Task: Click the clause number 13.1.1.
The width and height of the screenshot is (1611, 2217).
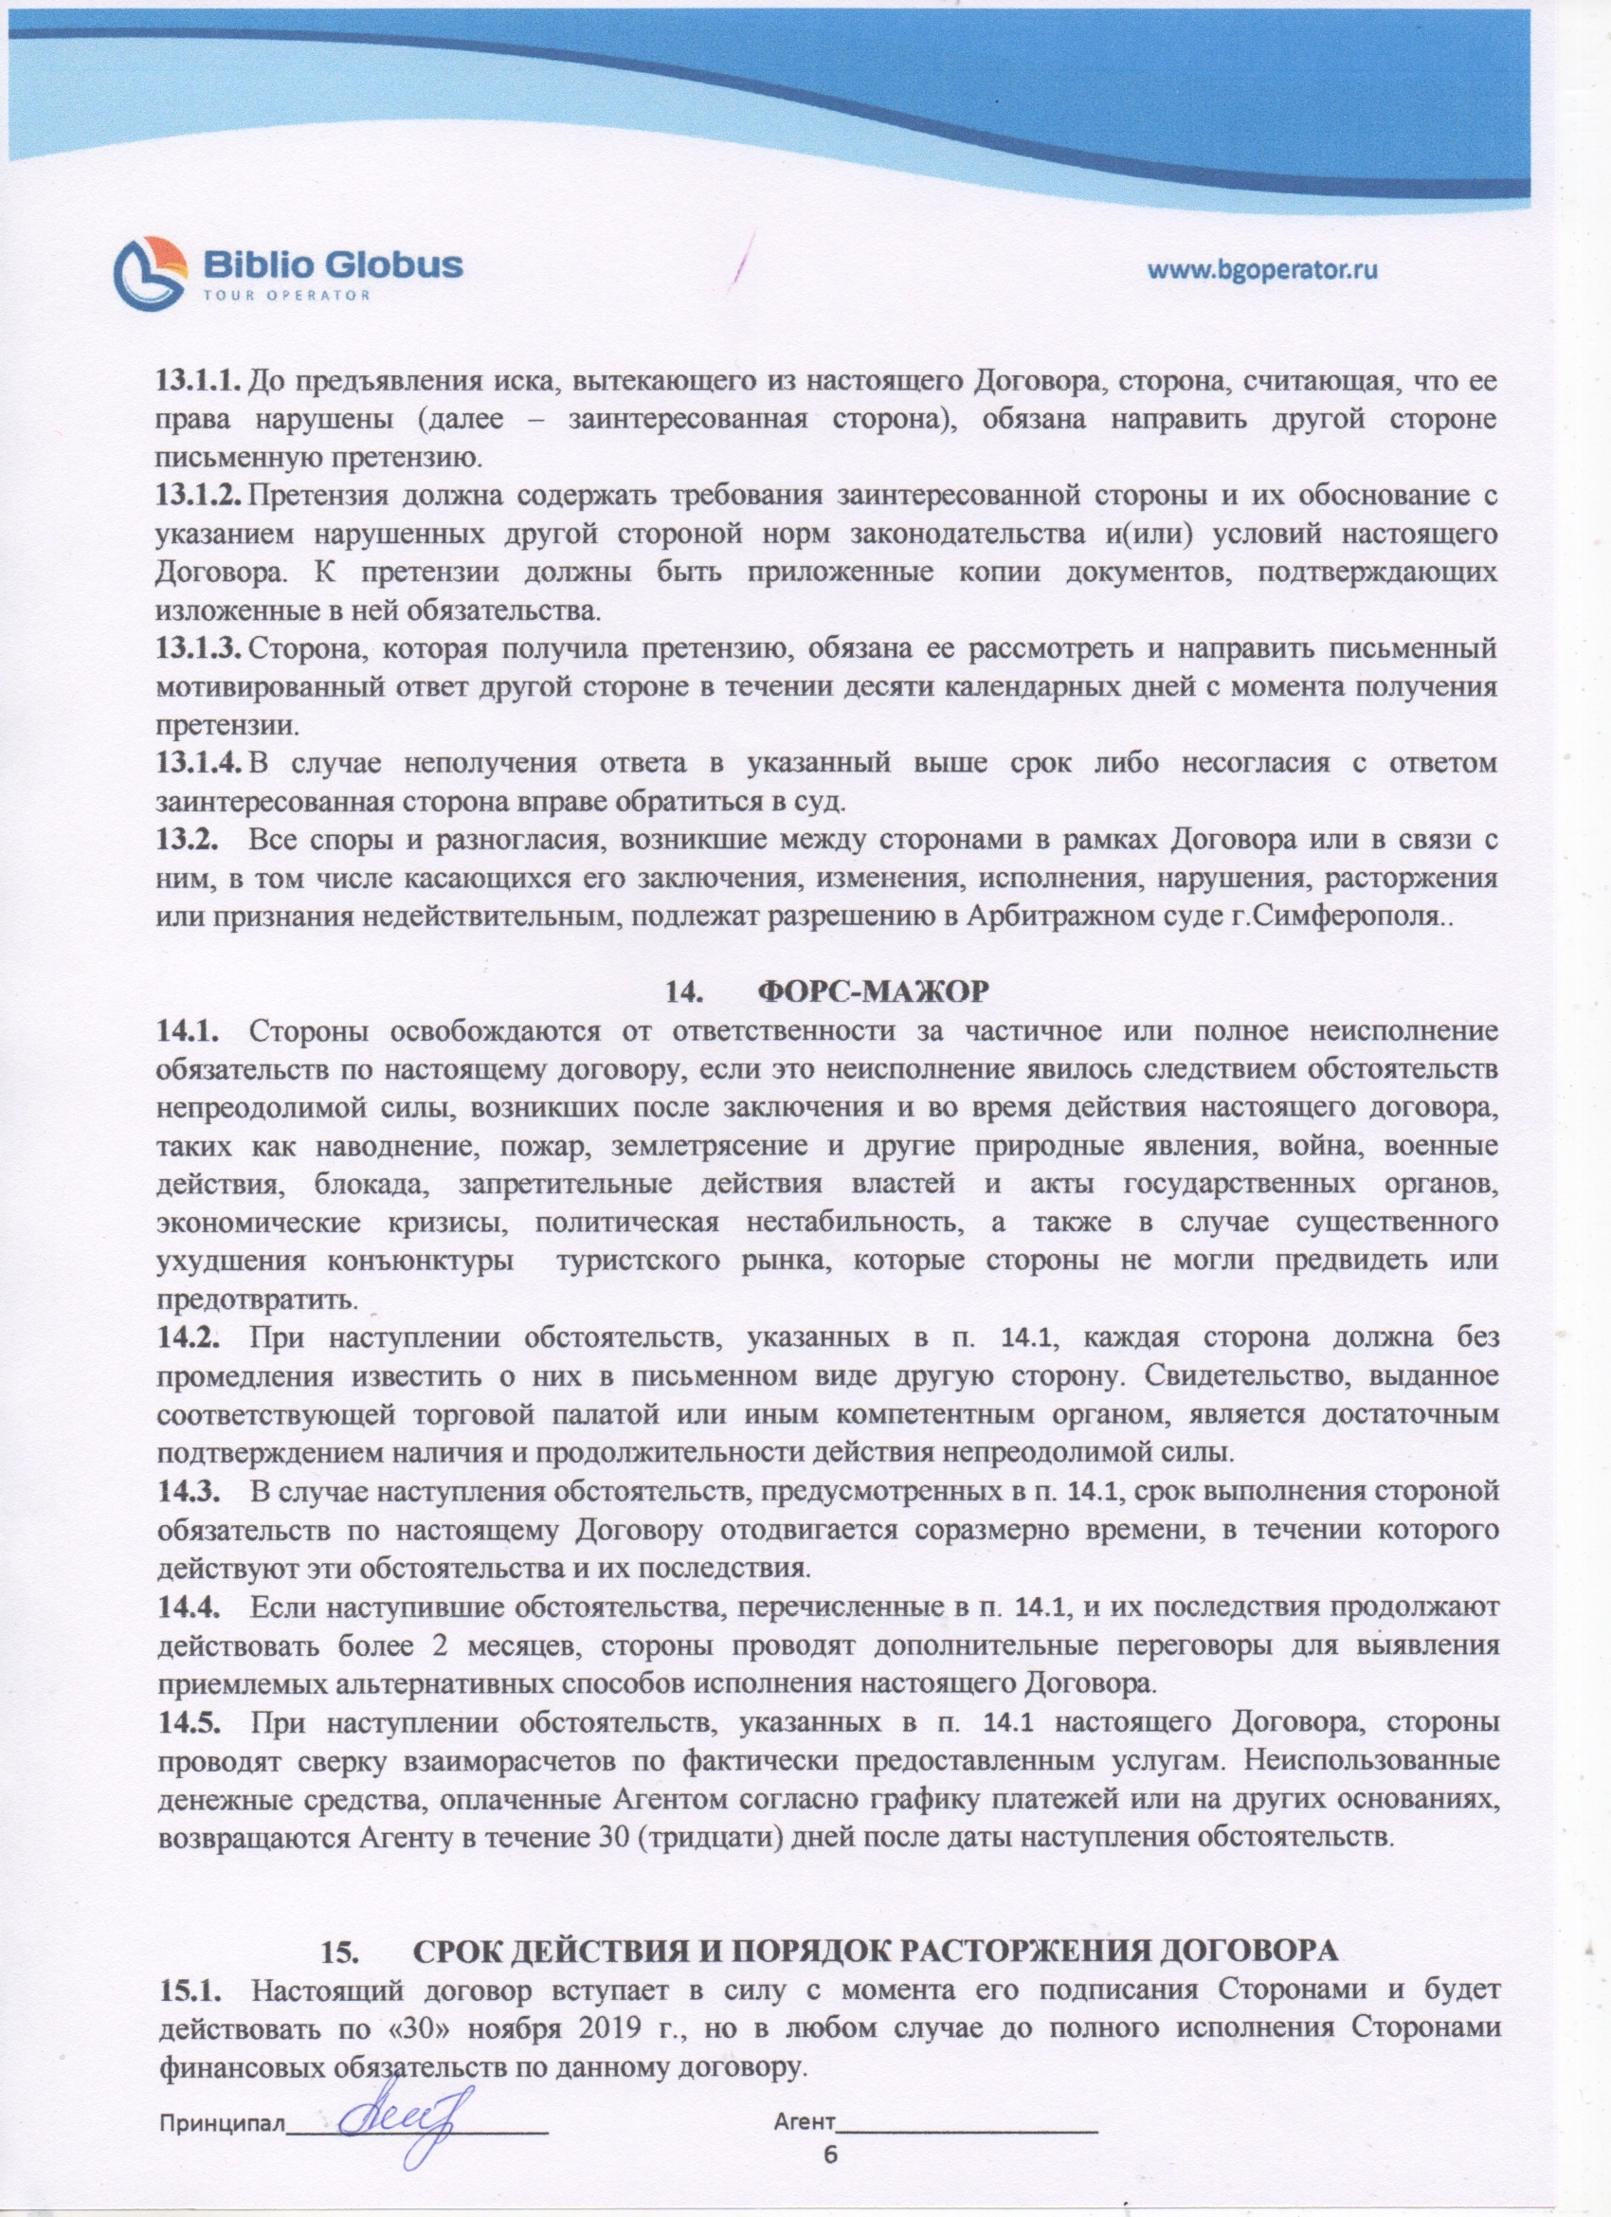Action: pyautogui.click(x=198, y=379)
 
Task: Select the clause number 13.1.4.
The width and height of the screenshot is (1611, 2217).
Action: pyautogui.click(x=198, y=763)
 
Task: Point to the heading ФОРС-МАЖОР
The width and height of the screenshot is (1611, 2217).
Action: pyautogui.click(x=875, y=990)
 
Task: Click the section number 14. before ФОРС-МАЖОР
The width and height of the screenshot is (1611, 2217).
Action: pyautogui.click(x=685, y=990)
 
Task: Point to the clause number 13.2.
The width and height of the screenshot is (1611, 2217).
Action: pyautogui.click(x=186, y=841)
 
